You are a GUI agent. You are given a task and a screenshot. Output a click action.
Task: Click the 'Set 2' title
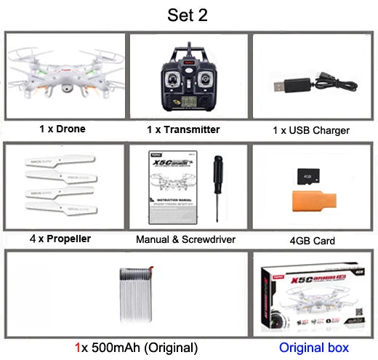click(188, 15)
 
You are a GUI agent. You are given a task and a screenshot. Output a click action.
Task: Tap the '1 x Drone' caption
click(62, 129)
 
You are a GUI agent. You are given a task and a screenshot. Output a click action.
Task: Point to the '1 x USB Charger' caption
click(311, 130)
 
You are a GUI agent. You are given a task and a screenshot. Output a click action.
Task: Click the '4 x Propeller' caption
click(60, 238)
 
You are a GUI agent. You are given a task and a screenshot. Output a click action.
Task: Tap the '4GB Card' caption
click(311, 239)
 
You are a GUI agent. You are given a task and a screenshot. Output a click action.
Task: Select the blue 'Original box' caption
click(314, 347)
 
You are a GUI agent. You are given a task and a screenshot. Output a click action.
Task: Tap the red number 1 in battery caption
click(78, 347)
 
